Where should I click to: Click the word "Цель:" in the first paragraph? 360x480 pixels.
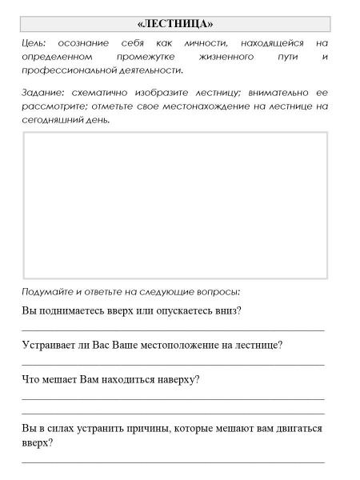tap(34, 42)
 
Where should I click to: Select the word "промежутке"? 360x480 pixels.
tap(145, 57)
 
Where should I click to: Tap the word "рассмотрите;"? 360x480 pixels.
tap(54, 106)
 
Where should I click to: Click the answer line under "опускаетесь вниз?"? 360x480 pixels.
tap(173, 329)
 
